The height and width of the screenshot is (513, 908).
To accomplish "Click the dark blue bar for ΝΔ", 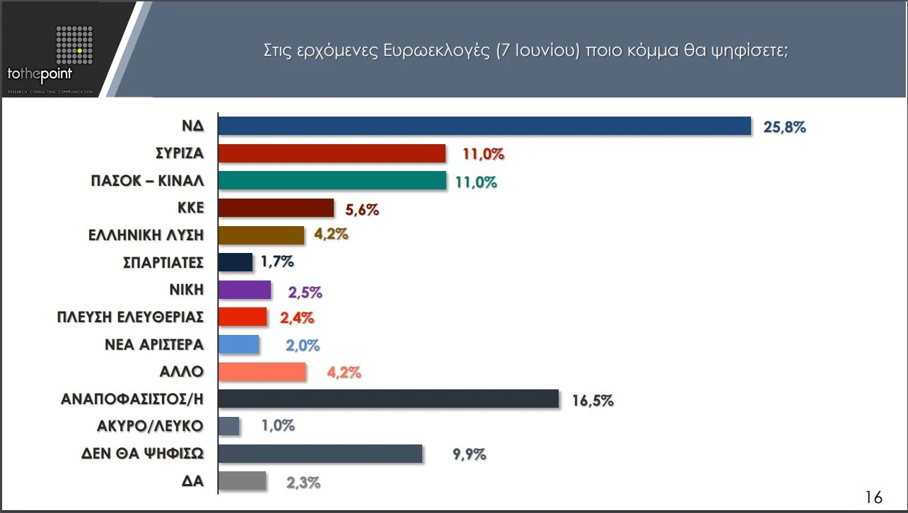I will coord(484,126).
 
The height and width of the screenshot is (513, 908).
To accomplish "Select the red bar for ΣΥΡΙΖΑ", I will coord(332,154).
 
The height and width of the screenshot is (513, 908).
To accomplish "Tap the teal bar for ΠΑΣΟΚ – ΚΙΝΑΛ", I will coord(332,181).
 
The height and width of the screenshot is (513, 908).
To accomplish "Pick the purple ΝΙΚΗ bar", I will coord(245,290).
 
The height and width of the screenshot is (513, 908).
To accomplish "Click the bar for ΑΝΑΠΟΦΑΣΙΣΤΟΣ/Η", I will coord(388,399).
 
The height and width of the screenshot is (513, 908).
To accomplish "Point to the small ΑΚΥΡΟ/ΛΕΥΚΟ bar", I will coord(229,426).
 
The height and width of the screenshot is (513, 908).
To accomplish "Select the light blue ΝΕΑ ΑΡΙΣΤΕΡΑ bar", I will coord(239,344).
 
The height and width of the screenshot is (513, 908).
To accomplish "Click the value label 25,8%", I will coord(785,127).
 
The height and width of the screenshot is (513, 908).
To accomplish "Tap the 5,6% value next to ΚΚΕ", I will coord(363,209).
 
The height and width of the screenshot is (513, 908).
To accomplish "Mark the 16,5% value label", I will coord(593,401).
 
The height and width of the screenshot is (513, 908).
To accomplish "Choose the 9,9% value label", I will coord(470,454).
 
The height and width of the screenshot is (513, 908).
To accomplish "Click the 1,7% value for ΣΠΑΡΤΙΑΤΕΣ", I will coord(277,262).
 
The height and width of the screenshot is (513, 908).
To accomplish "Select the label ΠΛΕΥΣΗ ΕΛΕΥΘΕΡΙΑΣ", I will coord(130,317).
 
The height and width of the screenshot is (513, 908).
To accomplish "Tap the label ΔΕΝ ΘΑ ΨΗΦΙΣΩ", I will coord(142,454).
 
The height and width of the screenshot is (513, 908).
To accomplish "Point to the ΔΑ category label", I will coord(192,481).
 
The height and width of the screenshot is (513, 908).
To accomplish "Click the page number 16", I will coord(874,497).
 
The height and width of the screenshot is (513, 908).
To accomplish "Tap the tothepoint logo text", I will coord(40,73).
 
